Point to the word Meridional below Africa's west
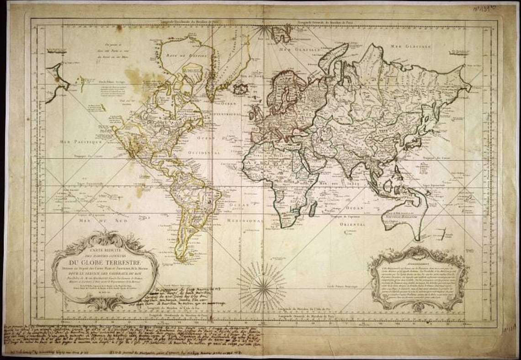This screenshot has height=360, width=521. point(246,220)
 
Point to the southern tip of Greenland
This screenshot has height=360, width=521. point(211,99)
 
